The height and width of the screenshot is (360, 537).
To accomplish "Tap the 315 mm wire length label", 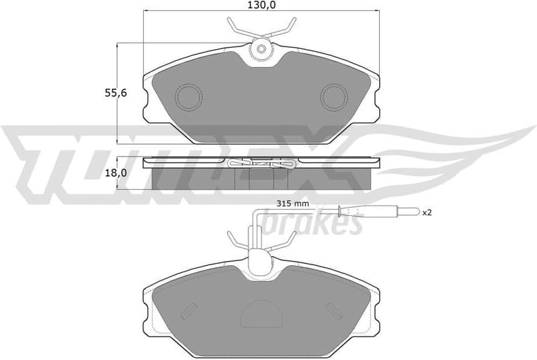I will pyautogui.click(x=292, y=204).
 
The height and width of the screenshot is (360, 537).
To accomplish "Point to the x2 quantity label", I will pyautogui.click(x=427, y=213).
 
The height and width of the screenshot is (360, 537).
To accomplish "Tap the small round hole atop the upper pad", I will pyautogui.click(x=261, y=49).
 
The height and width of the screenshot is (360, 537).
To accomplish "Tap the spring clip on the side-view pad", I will pyautogui.click(x=261, y=164).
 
